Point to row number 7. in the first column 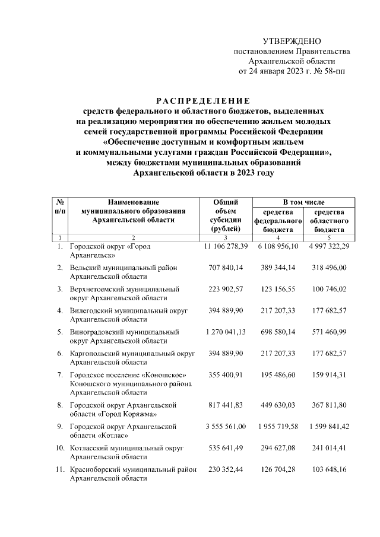pos(60,376)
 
